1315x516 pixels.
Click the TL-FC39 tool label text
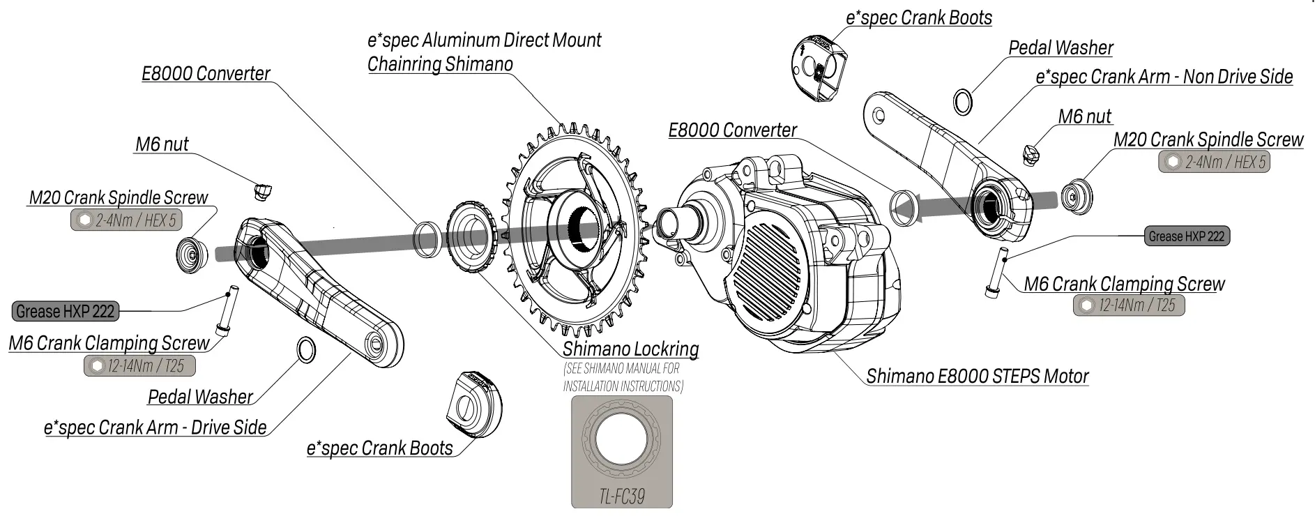click(x=621, y=496)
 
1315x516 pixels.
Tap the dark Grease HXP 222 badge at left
click(x=66, y=311)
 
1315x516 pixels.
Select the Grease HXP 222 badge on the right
click(x=1186, y=236)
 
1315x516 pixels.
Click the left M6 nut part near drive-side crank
click(x=263, y=191)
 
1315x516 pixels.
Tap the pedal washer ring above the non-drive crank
click(x=963, y=102)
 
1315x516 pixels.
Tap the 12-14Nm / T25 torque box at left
click(x=139, y=365)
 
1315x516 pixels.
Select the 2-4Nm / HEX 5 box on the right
click(x=1214, y=162)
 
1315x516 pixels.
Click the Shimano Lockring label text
click(x=630, y=349)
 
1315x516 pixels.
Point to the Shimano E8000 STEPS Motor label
click(x=977, y=377)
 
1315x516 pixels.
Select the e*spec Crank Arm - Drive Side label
click(x=155, y=427)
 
